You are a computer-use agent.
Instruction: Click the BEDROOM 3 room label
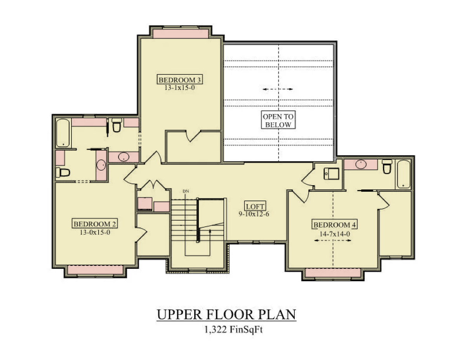pyautogui.click(x=180, y=80)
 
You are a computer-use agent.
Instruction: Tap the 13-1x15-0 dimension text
pyautogui.click(x=180, y=88)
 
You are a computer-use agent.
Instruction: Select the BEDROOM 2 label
pyautogui.click(x=95, y=224)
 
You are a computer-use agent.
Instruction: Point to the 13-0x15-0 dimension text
pyautogui.click(x=95, y=232)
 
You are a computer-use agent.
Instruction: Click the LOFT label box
pyautogui.click(x=255, y=206)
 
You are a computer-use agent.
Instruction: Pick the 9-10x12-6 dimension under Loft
pyautogui.click(x=254, y=214)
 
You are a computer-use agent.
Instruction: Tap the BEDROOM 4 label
pyautogui.click(x=334, y=225)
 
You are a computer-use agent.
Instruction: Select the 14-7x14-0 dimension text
pyautogui.click(x=334, y=234)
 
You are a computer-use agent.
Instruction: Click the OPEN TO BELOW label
pyautogui.click(x=278, y=120)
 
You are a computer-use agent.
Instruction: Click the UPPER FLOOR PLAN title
pyautogui.click(x=226, y=314)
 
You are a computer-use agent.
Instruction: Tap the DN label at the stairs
pyautogui.click(x=186, y=191)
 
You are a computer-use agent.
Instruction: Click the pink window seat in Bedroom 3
pyautogui.click(x=181, y=34)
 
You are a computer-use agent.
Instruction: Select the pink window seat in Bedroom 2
pyautogui.click(x=96, y=270)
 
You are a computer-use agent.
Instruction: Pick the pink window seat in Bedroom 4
pyautogui.click(x=333, y=273)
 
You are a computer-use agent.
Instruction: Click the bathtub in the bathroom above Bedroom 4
pyautogui.click(x=403, y=174)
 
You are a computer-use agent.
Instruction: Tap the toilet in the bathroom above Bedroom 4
pyautogui.click(x=387, y=166)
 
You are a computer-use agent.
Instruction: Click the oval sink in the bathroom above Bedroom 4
pyautogui.click(x=361, y=164)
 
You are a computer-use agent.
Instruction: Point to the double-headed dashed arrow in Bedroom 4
pyautogui.click(x=333, y=240)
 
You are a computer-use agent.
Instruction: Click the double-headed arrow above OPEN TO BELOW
pyautogui.click(x=278, y=89)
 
